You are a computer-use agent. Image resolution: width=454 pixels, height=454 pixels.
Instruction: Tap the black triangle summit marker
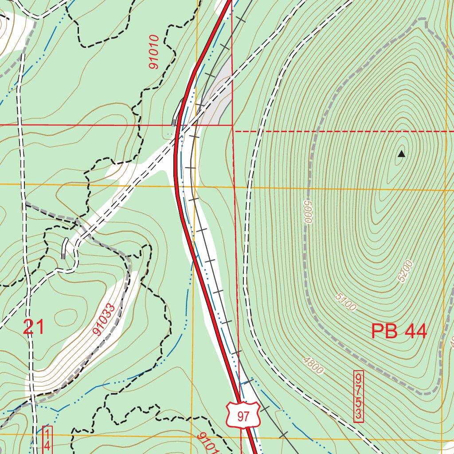401,154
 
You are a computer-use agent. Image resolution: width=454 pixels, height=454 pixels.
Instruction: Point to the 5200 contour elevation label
405,271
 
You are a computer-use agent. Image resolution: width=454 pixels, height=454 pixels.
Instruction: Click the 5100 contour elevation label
346,302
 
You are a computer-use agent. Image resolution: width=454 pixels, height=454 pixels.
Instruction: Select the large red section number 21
34,327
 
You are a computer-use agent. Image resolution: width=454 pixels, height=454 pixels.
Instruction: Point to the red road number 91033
104,319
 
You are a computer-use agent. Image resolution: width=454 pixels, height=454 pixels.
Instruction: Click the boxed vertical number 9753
358,396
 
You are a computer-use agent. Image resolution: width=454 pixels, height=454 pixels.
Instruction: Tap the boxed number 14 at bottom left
47,439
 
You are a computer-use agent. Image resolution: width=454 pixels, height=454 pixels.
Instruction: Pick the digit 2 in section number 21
28,327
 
